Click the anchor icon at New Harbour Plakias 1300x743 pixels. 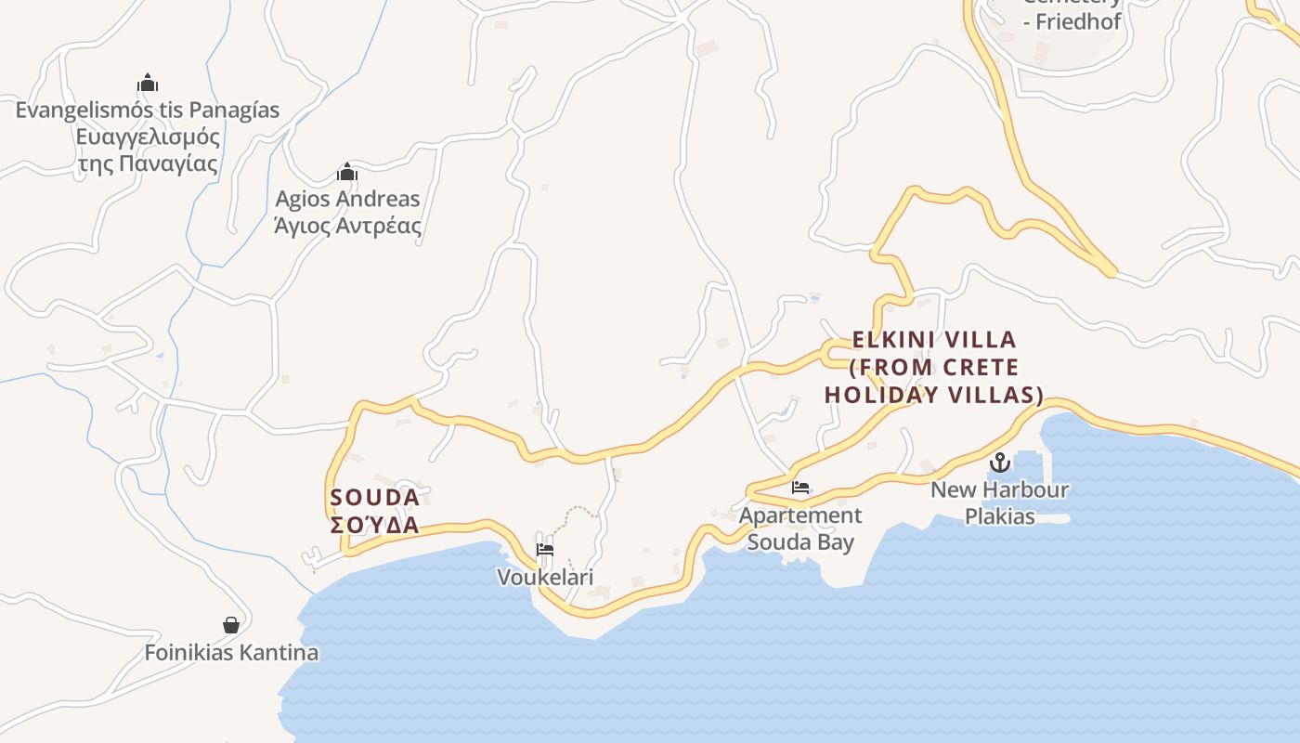(x=999, y=462)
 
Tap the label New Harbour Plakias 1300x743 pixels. (x=999, y=502)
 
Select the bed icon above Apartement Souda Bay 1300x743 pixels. (x=800, y=488)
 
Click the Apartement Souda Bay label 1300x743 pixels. (x=800, y=528)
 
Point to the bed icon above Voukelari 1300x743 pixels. (x=545, y=550)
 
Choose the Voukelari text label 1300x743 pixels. (x=545, y=578)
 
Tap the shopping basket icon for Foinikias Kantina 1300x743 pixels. (x=231, y=625)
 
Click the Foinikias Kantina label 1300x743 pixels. (x=231, y=653)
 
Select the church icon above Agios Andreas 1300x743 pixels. (x=347, y=172)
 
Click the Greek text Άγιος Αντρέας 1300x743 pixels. (x=347, y=226)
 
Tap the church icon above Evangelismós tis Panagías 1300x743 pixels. (x=148, y=84)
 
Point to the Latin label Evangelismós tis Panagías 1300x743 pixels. (x=148, y=111)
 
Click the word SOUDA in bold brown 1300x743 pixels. (x=374, y=498)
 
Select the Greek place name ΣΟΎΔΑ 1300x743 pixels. (x=374, y=526)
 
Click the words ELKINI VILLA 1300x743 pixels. (x=934, y=340)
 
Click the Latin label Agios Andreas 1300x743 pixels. (x=347, y=199)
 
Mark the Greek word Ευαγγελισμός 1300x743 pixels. (x=148, y=137)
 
